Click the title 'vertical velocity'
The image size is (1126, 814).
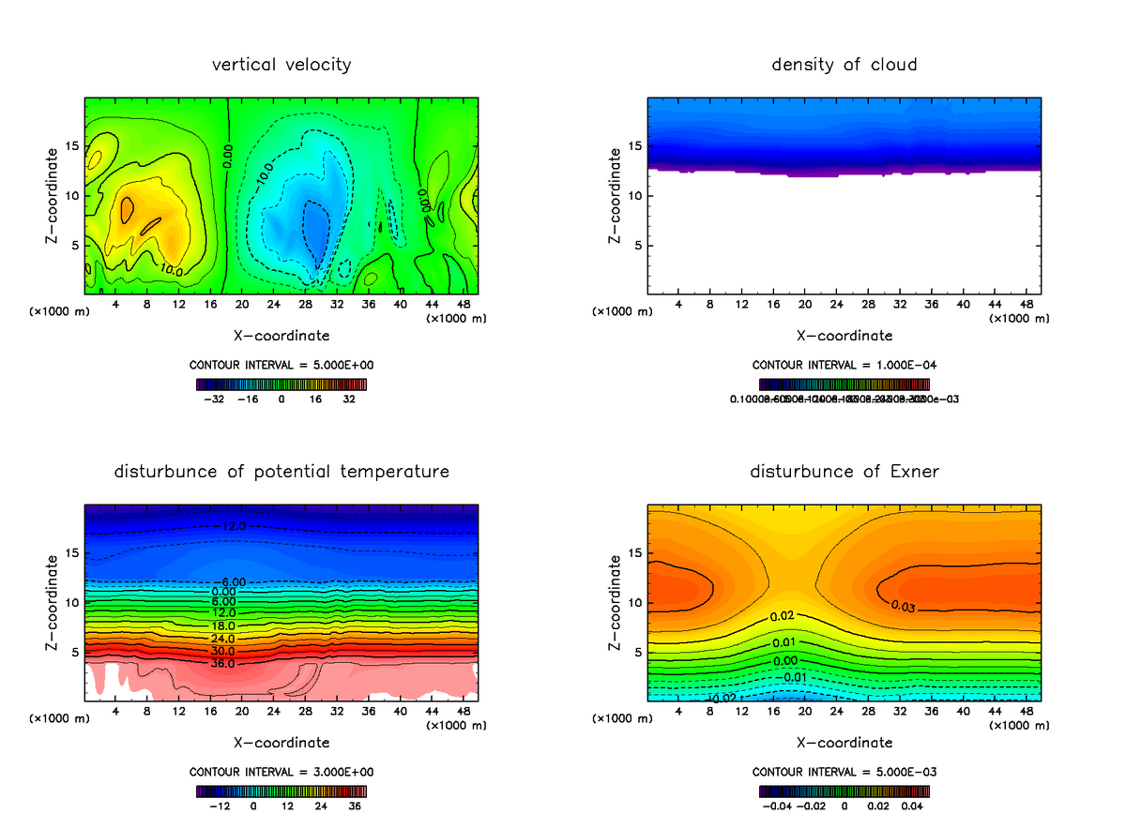[x=281, y=65]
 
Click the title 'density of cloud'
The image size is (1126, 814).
[x=844, y=65]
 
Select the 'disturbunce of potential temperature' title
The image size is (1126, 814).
[x=281, y=471]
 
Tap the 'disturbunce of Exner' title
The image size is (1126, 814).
[x=844, y=471]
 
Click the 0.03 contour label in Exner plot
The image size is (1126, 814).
[x=903, y=606]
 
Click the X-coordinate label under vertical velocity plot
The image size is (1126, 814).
[x=281, y=335]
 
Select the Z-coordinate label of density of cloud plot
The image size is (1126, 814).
[x=616, y=196]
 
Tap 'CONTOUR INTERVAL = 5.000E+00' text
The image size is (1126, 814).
[x=281, y=365]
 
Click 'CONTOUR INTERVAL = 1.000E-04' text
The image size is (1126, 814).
[x=844, y=365]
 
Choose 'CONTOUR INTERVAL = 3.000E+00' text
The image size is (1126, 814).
[x=281, y=772]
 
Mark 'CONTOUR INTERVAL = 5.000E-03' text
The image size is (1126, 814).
[x=844, y=772]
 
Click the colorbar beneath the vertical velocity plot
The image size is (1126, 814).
[x=281, y=384]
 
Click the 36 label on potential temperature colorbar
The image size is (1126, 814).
[x=356, y=806]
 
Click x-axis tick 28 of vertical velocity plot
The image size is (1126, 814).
[x=304, y=304]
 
